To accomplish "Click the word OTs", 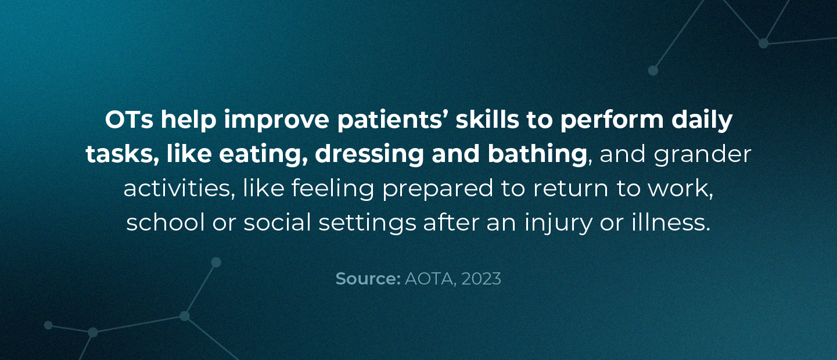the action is [129, 120].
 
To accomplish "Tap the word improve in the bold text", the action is [276, 120].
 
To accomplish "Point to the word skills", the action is [487, 120].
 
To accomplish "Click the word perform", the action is [612, 120].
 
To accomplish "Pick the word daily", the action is [702, 120].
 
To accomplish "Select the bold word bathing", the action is [537, 154].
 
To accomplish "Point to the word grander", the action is [702, 154].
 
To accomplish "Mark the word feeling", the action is [333, 188].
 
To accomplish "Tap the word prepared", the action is [437, 189].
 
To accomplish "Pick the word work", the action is [680, 189].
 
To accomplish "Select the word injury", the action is [558, 223].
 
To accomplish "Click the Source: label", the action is [368, 279].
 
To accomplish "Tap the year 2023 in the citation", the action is [482, 279].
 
